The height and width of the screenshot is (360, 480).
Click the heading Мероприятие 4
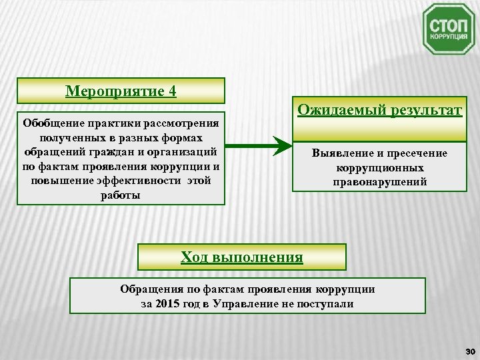(121, 90)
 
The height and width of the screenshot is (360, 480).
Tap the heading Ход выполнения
(242, 256)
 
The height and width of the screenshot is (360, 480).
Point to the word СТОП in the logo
(449, 27)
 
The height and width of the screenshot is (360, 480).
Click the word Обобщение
(52, 123)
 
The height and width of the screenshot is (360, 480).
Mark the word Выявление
(341, 153)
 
